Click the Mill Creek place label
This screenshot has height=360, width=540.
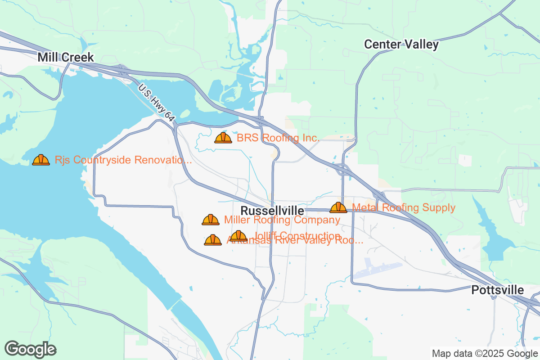coord(66,57)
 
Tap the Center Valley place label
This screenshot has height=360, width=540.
coord(401,44)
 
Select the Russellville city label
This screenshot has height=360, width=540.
coord(272,211)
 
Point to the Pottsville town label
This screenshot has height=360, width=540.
coord(498,290)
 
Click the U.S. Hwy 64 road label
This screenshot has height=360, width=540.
coord(156,103)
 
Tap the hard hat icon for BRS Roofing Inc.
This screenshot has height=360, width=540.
coord(223,138)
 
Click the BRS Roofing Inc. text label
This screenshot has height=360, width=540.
coord(278,138)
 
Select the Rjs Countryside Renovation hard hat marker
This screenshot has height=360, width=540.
coord(41,160)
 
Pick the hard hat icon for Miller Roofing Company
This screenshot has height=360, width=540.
coord(211,220)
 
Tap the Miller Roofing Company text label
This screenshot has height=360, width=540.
coord(282,220)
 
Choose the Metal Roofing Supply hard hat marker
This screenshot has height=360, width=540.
coord(338,207)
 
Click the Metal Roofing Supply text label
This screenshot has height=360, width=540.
coord(404,207)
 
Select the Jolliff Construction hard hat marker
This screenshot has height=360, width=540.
coord(238,236)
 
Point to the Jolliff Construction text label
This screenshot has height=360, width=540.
coord(297,235)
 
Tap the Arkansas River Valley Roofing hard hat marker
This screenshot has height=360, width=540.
coord(213,240)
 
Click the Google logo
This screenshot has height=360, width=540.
coord(31,349)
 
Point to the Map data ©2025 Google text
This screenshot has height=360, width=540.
coord(484,353)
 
